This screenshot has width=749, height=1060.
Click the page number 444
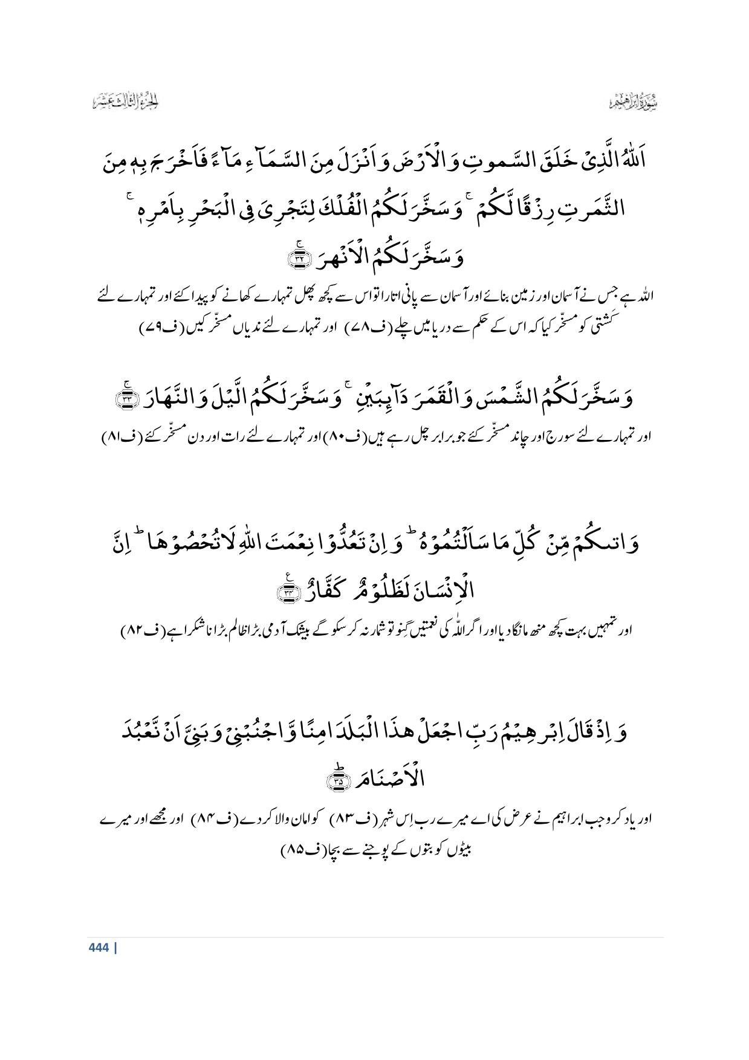click(x=98, y=948)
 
